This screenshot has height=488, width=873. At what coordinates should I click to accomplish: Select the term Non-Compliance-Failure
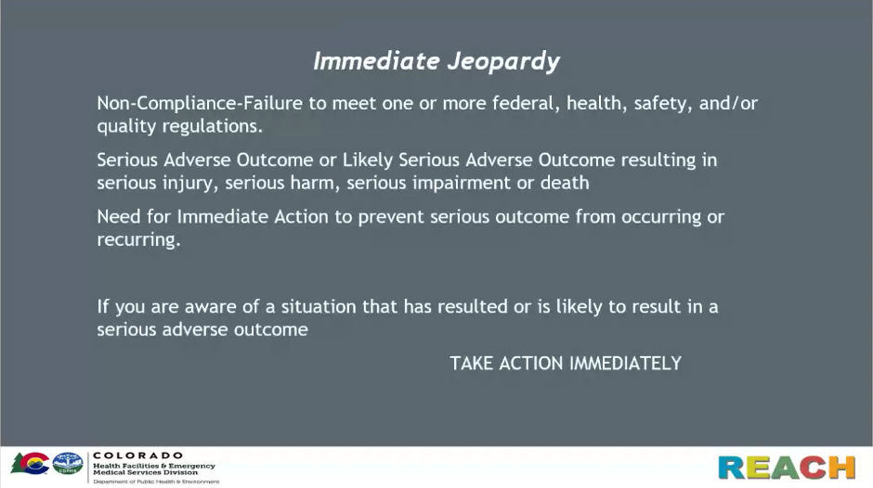200,103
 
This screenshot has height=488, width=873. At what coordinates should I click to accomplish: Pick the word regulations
212,127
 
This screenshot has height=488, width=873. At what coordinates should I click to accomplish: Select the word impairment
461,183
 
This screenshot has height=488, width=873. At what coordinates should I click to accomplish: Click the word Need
119,216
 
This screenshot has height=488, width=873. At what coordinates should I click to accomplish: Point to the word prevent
391,217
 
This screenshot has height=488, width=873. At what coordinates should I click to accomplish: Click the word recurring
138,240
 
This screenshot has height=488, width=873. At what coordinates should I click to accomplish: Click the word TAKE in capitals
472,364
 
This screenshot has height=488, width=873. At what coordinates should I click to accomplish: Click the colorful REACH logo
786,468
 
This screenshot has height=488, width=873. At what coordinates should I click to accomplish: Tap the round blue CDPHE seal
68,464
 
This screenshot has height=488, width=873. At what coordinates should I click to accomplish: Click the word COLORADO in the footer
137,456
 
